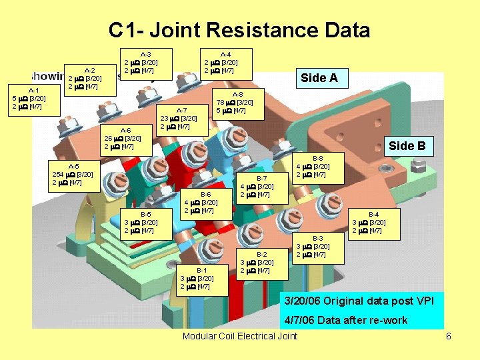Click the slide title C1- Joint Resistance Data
click(x=239, y=31)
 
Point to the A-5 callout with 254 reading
click(x=74, y=174)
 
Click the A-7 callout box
click(x=181, y=119)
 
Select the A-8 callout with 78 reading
click(x=237, y=103)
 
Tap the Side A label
click(x=319, y=78)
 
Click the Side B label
click(x=407, y=146)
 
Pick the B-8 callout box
click(x=318, y=167)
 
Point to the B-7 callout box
click(x=262, y=187)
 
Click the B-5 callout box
click(x=146, y=223)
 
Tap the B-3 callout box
click(x=318, y=247)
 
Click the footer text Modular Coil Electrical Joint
click(x=240, y=336)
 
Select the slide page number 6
click(x=449, y=336)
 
